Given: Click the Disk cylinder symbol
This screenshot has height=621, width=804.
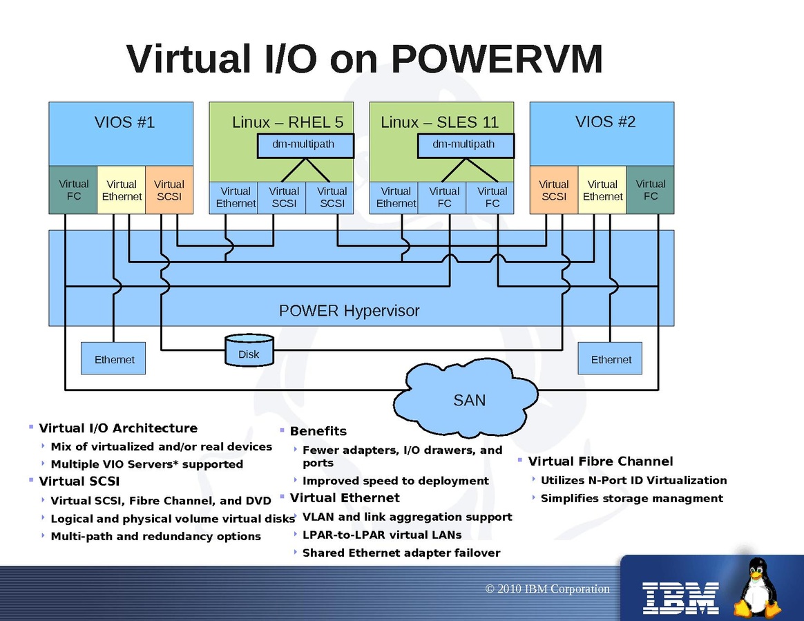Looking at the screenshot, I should click(249, 350).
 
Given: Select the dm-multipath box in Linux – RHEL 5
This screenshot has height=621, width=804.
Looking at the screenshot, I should click(305, 145).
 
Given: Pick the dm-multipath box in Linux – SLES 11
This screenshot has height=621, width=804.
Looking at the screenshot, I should click(466, 145).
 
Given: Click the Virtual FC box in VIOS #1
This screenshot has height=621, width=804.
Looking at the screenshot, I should click(73, 190).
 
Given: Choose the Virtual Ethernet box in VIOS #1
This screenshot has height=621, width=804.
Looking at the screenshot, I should click(122, 190).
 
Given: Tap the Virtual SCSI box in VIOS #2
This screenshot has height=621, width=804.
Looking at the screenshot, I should click(553, 190).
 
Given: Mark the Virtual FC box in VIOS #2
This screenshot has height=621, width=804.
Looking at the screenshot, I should click(650, 190).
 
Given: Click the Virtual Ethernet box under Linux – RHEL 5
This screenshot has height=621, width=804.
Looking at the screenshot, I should click(236, 198).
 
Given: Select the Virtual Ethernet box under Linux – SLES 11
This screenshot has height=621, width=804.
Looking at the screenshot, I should click(396, 198).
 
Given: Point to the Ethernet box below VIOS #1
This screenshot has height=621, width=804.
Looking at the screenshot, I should click(113, 359).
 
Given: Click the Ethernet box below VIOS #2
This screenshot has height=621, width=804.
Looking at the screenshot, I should click(611, 359).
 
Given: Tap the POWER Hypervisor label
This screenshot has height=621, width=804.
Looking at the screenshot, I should click(349, 311).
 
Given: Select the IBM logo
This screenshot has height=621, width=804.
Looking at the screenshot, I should click(681, 598).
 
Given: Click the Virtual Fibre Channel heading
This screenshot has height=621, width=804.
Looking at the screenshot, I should click(600, 461).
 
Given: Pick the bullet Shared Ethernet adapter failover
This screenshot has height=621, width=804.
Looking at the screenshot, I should click(401, 553).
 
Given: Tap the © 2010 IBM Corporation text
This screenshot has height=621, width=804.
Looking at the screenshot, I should click(548, 589).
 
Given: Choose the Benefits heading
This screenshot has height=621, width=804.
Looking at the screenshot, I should click(318, 431).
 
